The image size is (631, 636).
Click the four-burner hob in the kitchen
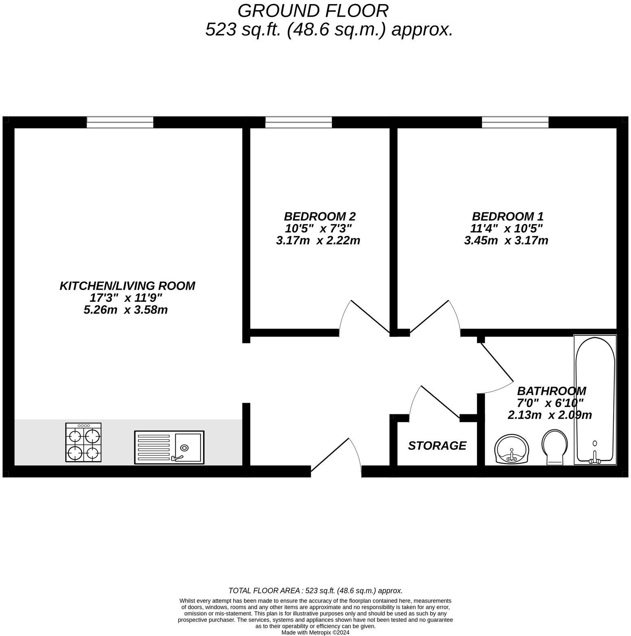83,442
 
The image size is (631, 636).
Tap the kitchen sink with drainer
169,447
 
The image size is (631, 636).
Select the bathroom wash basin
511,449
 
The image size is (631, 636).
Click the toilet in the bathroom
555,447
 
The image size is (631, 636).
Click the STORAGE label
437,446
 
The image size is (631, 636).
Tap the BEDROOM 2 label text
320,216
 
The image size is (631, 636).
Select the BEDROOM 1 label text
507,216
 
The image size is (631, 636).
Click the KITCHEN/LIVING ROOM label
127,286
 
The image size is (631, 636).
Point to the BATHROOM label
551,391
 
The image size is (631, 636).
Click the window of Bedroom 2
298,122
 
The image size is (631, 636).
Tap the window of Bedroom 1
515,122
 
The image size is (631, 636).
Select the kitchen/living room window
120,122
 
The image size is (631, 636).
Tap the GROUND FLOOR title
313,11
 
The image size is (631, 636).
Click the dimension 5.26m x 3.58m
126,310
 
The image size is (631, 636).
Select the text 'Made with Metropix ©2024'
315,632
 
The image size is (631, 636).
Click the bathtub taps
594,459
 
